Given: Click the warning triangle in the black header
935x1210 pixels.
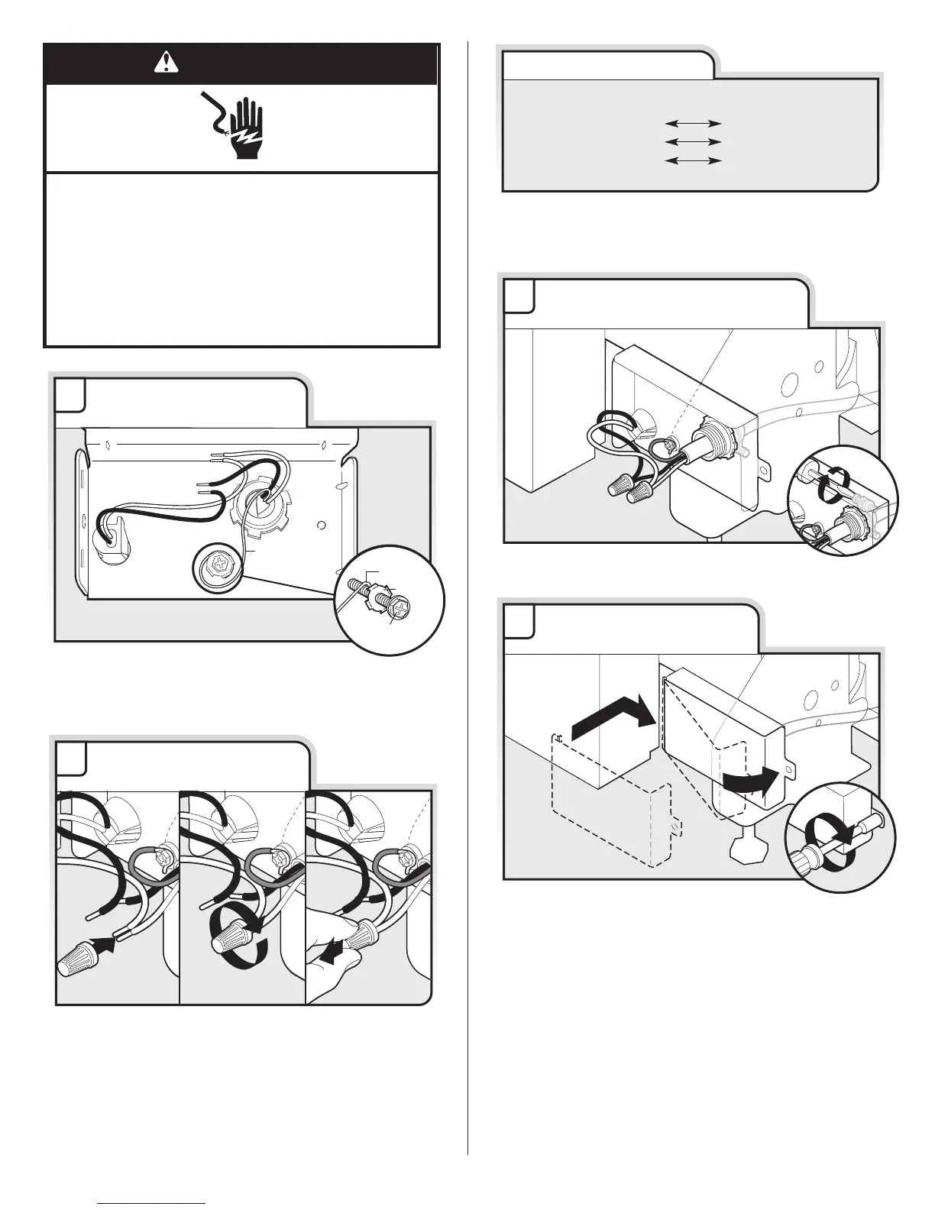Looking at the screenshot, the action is [x=163, y=64].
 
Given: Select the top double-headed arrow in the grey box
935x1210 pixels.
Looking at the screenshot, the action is [x=693, y=122].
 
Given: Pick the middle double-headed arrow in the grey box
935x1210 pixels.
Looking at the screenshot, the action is [x=693, y=141].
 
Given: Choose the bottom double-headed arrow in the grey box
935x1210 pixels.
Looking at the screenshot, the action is [x=693, y=160].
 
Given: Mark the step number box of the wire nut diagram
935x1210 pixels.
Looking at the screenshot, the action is [x=70, y=757].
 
